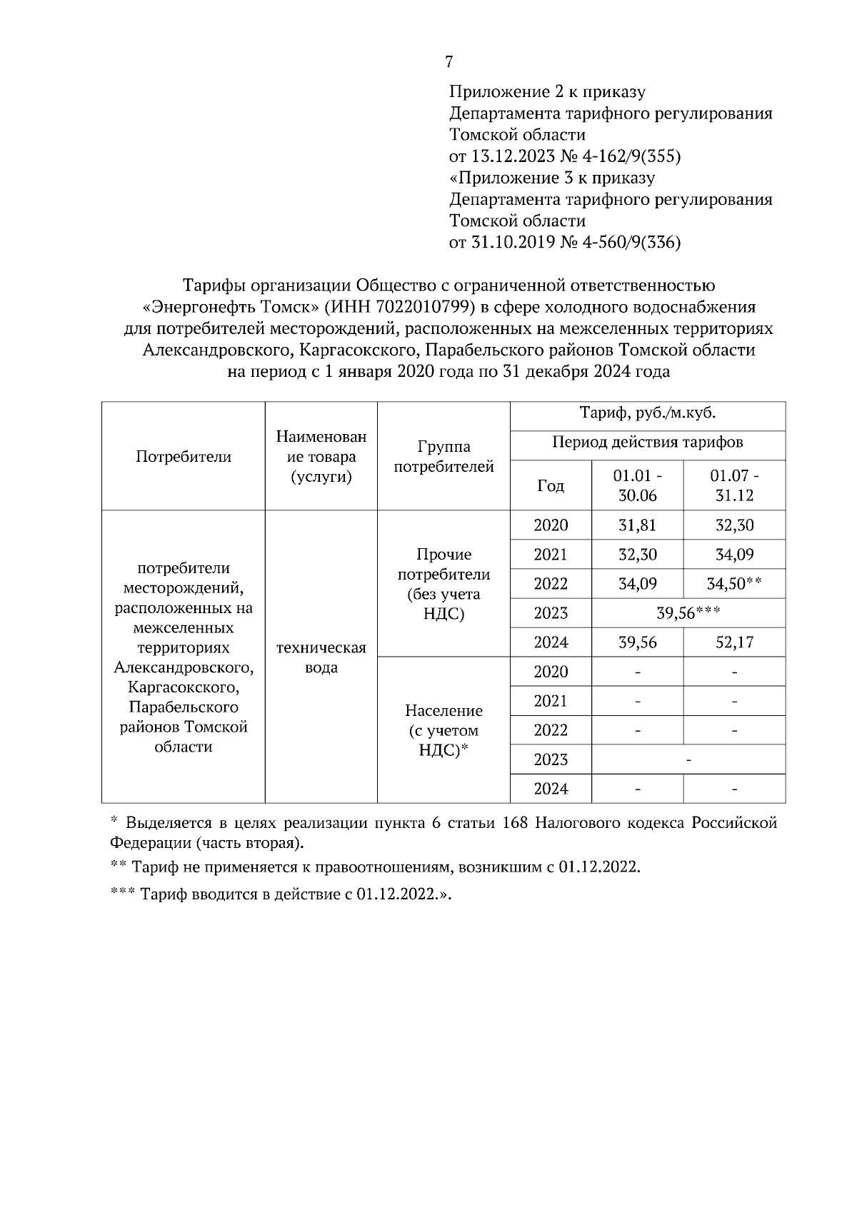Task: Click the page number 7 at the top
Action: (x=448, y=62)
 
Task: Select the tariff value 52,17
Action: (x=734, y=642)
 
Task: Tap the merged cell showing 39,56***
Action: (x=688, y=613)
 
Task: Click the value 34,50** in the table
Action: (x=734, y=584)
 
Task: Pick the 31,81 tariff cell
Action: (x=637, y=525)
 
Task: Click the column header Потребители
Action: (x=184, y=457)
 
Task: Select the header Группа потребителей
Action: (x=443, y=457)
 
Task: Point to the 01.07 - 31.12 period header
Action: (x=734, y=485)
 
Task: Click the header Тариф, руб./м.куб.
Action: (x=648, y=413)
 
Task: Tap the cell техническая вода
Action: (x=321, y=657)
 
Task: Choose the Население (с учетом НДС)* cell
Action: (x=443, y=730)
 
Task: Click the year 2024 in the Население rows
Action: (x=551, y=789)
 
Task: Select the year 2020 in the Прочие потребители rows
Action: (x=551, y=525)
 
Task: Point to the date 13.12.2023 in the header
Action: (x=513, y=156)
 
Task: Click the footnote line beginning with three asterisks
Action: (x=282, y=894)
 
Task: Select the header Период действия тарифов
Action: (x=648, y=443)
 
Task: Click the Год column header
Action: (x=551, y=486)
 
